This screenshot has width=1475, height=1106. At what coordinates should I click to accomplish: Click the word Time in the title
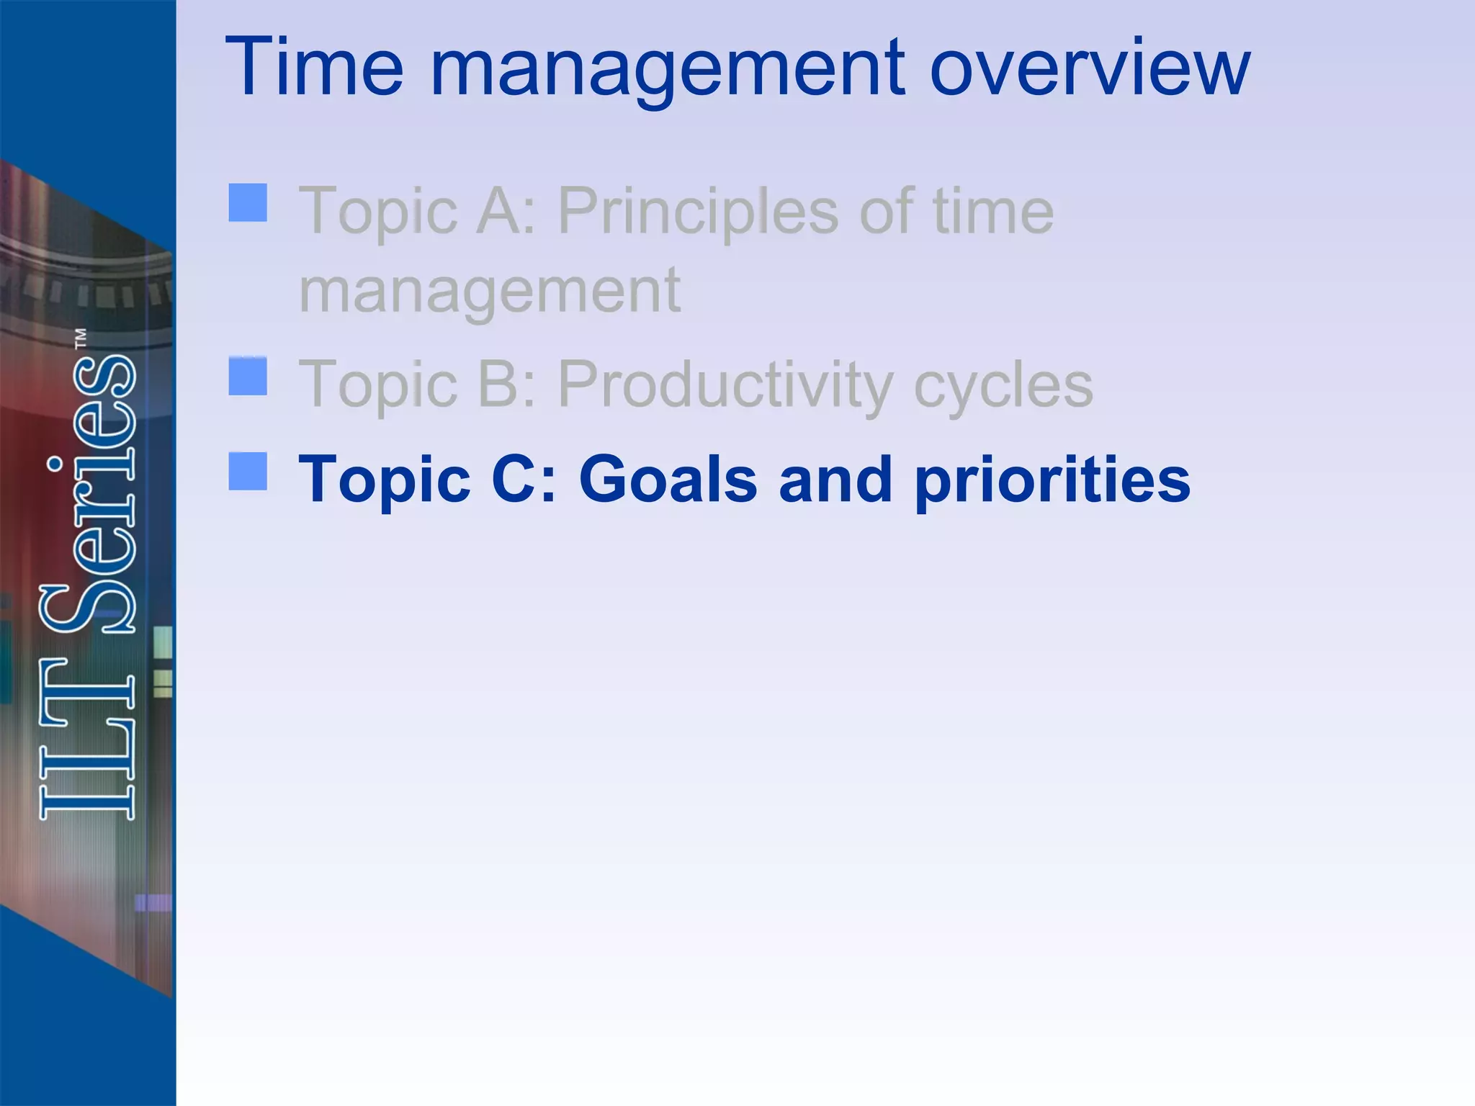click(314, 68)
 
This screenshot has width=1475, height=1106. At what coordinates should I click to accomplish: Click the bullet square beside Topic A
click(248, 202)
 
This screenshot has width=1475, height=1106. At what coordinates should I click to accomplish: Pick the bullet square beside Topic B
click(248, 377)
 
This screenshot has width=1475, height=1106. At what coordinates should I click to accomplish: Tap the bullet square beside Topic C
click(248, 471)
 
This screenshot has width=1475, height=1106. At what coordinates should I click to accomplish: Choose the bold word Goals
click(668, 480)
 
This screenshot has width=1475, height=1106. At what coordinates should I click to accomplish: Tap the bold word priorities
click(1052, 481)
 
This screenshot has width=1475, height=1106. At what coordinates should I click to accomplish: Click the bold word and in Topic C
click(835, 480)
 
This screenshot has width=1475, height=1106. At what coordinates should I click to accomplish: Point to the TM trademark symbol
click(81, 339)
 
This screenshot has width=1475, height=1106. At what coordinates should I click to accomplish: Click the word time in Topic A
click(993, 211)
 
